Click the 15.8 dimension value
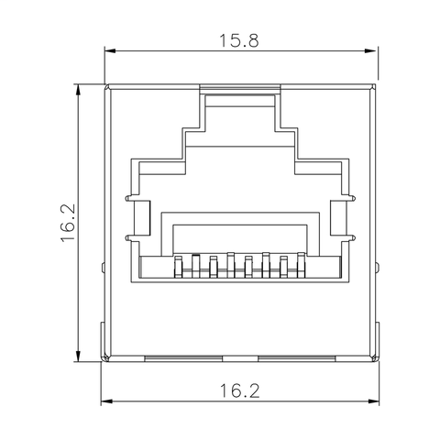click(239, 40)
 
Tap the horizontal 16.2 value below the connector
click(239, 391)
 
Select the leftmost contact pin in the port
click(176, 267)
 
